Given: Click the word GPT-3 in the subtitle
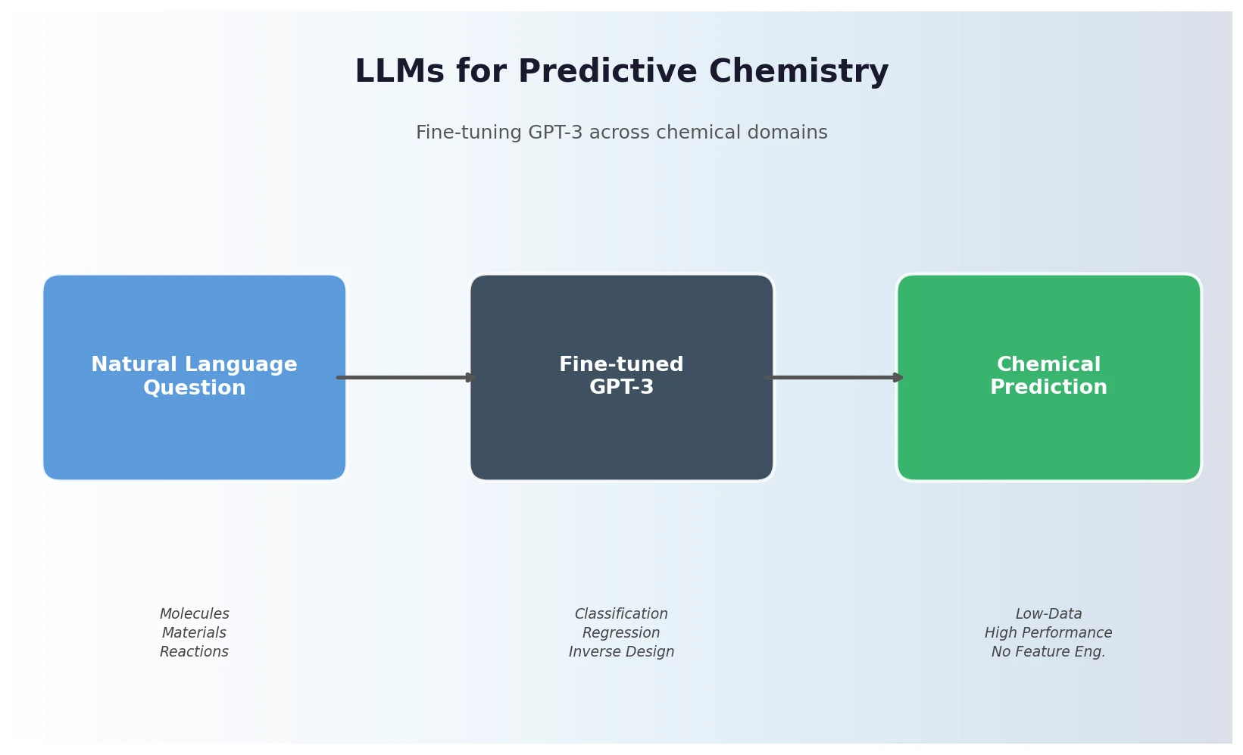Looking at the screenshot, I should point(555,133).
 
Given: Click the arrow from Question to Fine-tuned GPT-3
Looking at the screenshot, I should point(405,377).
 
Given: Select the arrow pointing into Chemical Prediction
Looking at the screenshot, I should point(833,377).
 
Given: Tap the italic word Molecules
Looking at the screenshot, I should point(194,614).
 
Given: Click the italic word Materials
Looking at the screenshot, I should point(194,633).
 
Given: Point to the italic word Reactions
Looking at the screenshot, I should point(194,652).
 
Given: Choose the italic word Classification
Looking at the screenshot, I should point(621,614).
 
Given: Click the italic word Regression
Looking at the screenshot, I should point(621,633).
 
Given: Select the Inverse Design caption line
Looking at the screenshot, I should point(621,652).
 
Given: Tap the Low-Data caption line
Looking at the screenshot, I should point(1048,614).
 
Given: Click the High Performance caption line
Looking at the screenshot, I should point(1048,633).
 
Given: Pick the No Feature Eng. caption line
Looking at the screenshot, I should point(1048,652).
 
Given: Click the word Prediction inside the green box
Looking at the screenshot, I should point(1048,388).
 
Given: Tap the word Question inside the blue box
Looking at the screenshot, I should point(194,388).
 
